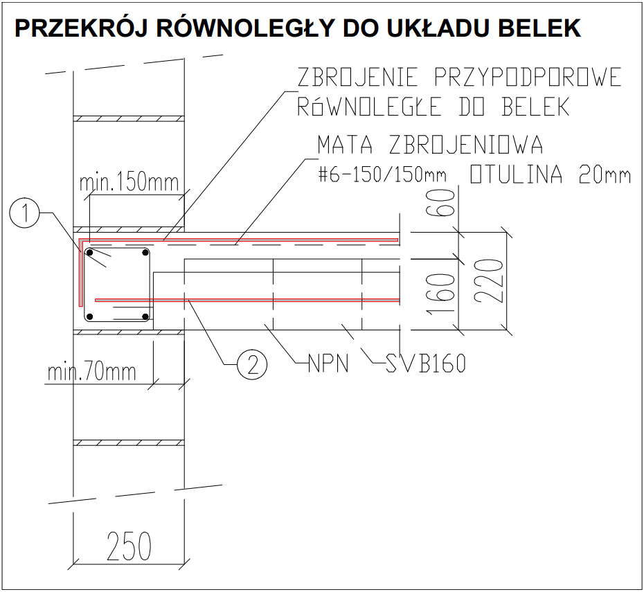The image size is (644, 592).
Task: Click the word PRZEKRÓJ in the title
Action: pos(81,28)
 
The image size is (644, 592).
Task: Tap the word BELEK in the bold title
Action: pos(539,28)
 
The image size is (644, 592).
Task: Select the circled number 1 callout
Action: pos(24,213)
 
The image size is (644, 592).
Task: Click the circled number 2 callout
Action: pos(252,364)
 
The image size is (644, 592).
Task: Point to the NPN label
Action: pos(328,364)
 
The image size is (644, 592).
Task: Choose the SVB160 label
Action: pos(426,364)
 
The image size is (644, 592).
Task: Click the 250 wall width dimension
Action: pos(129,546)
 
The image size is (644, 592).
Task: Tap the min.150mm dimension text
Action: pos(129,182)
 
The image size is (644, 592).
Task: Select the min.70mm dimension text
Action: pos(91,372)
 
